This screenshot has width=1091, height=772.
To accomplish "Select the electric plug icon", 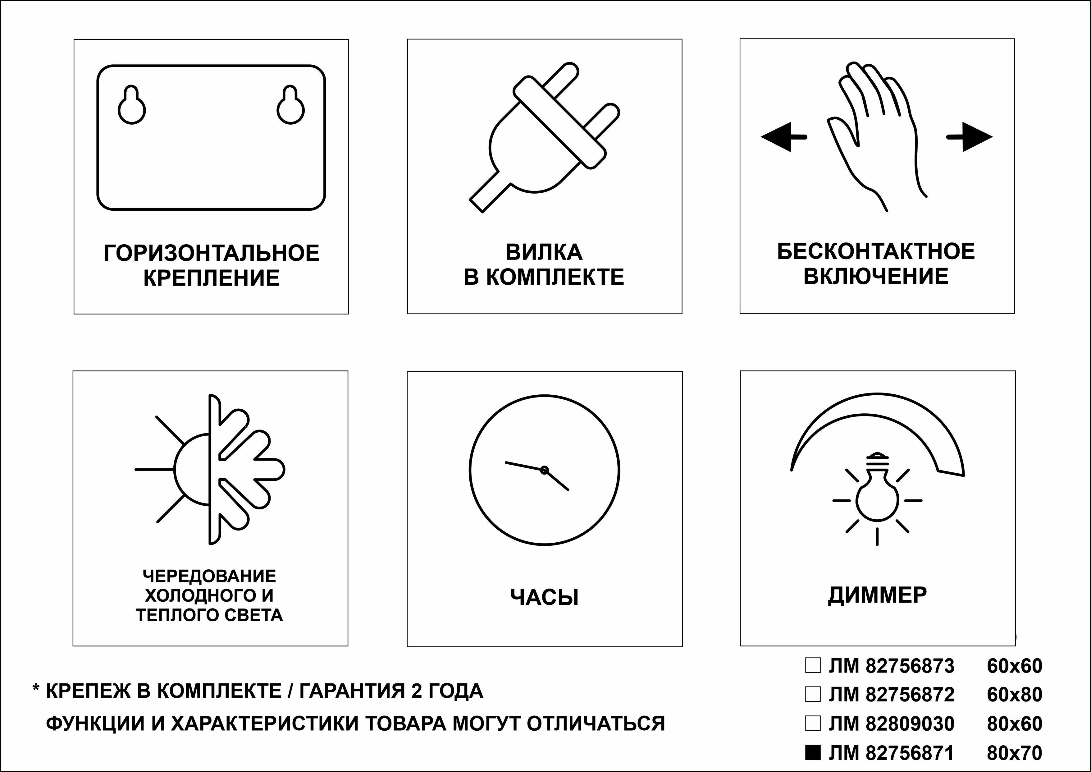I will (544, 138).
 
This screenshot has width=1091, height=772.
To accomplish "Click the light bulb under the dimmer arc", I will (877, 499).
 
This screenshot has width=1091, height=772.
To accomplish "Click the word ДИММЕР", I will (877, 595).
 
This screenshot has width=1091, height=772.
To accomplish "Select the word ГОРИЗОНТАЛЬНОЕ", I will (212, 253).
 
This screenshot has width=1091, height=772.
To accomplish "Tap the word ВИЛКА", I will (544, 252).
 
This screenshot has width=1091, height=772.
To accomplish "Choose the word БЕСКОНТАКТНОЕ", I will (876, 251).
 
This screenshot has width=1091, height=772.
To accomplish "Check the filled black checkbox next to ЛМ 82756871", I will (813, 752).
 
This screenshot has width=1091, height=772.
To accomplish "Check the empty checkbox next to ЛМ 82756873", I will (813, 665).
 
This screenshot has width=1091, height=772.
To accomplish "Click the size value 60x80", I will (1015, 695).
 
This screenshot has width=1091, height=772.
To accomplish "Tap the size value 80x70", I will (1015, 752).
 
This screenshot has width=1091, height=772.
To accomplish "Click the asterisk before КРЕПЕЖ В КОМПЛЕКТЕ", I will (36, 688).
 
